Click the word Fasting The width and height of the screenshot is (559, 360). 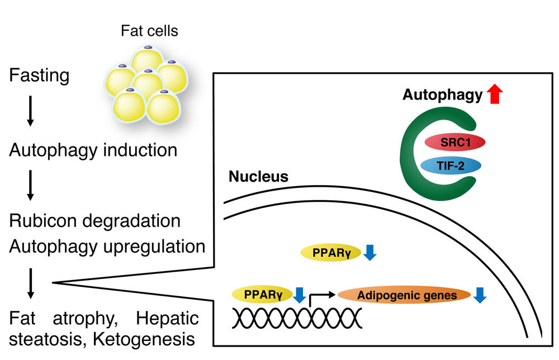click(39, 75)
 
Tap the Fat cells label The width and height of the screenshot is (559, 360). click(149, 31)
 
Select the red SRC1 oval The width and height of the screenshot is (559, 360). click(454, 143)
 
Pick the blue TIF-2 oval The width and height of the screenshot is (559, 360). click(450, 166)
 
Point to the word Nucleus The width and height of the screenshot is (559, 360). click(258, 178)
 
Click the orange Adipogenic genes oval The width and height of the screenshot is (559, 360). click(404, 296)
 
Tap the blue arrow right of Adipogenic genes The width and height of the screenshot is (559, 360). click(479, 295)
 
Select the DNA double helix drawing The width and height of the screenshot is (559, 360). click(296, 319)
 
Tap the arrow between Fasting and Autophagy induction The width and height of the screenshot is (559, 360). click(30, 112)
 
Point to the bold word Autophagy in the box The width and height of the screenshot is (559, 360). click(442, 96)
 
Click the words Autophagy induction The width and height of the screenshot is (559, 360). click(93, 150)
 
